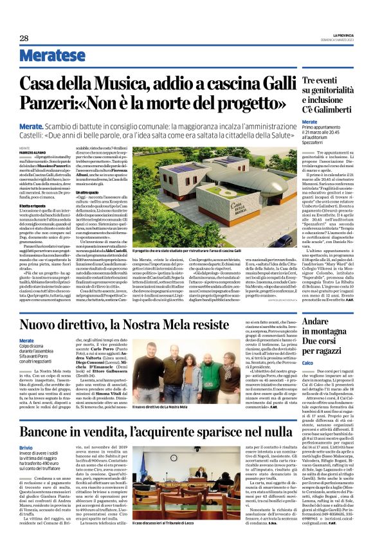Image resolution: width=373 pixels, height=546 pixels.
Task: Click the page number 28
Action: tap(24, 38)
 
